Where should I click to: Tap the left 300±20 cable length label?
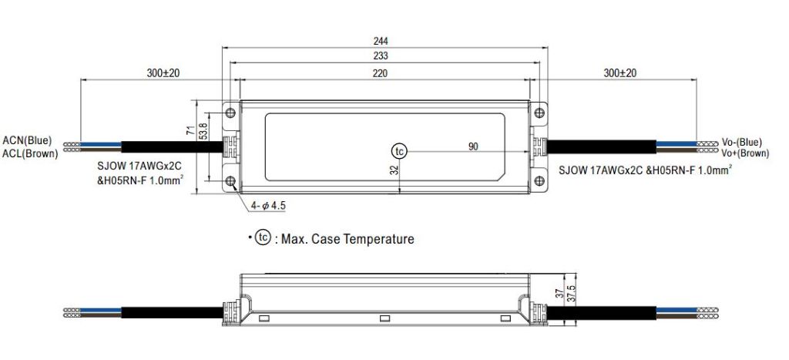click(163, 73)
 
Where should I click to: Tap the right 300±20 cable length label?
click(620, 73)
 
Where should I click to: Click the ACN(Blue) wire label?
click(28, 140)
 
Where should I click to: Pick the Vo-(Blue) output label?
click(741, 142)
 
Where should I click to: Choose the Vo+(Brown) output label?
click(744, 153)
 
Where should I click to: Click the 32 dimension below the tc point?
click(393, 171)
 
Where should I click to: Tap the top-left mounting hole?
click(230, 114)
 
